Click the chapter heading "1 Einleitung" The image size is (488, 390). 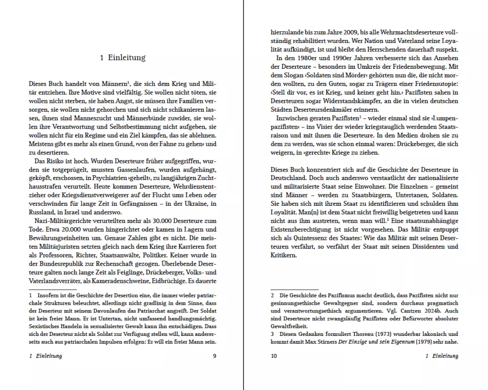[x=122, y=58]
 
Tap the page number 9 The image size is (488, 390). [x=214, y=356]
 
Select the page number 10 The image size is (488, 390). [x=274, y=356]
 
